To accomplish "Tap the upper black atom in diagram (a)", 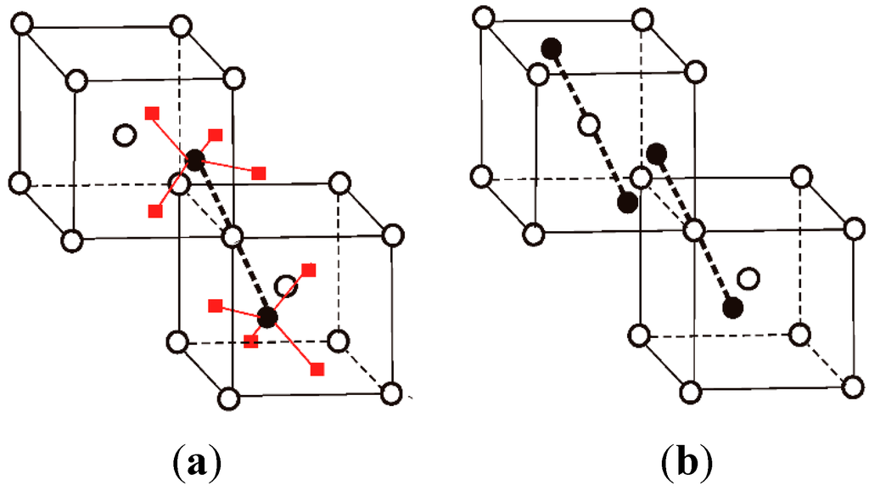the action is coord(195,159).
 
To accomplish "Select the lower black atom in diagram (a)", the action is coord(267,318).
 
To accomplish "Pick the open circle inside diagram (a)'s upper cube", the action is coord(125,134).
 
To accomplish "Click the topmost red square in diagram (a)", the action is coord(152,113).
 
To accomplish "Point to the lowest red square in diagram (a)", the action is coord(318,370).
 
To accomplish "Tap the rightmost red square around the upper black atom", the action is coord(260,173).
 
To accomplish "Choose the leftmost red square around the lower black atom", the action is coord(216,305).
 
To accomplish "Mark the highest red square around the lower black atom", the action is coord(309,270).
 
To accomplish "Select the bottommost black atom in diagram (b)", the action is coord(734,307).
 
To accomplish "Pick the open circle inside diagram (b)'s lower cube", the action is coord(748,278).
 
